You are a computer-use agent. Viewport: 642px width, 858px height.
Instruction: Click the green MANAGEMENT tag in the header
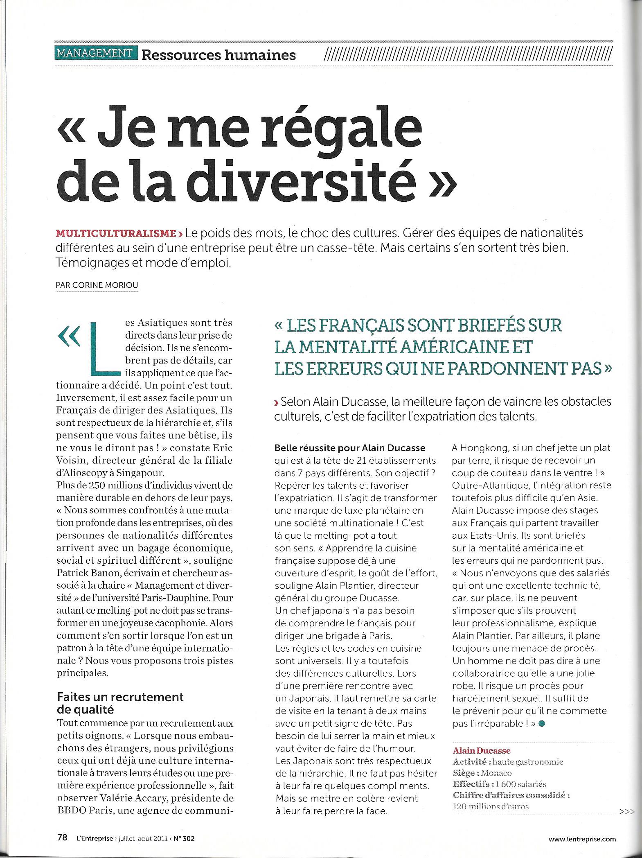95,54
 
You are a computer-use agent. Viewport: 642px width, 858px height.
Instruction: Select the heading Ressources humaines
218,55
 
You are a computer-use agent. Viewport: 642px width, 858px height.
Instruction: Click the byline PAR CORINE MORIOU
97,284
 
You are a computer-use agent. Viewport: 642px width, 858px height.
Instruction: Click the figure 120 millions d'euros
491,806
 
